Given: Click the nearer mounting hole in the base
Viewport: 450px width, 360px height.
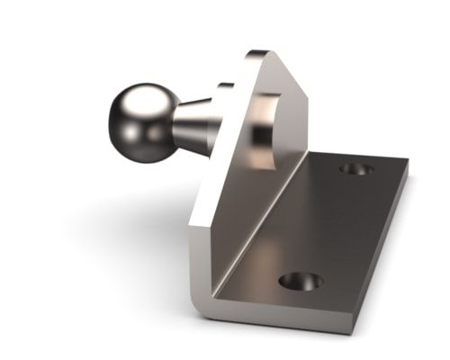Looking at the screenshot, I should click(300, 281).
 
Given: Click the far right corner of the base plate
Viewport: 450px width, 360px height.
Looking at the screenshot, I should click(407, 164).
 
